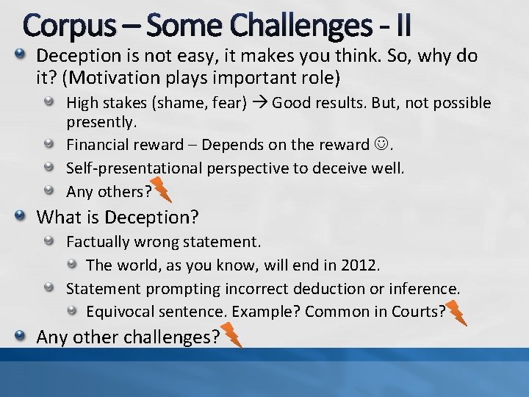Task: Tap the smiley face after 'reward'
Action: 383,146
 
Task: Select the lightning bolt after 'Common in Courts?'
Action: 456,312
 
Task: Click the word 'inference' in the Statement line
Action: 428,288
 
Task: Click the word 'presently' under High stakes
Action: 98,121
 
